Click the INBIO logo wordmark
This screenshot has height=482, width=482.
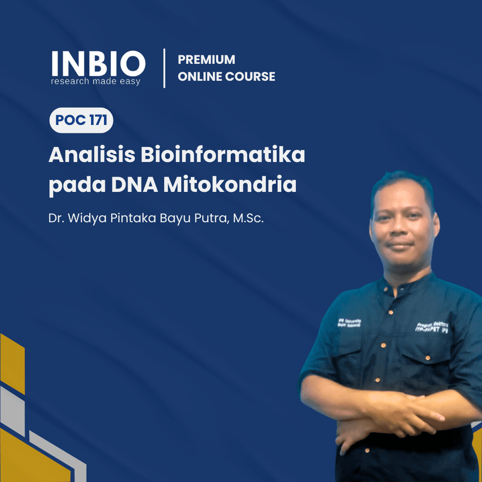98,63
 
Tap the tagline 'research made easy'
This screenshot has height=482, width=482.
96,81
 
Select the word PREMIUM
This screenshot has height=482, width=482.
206,60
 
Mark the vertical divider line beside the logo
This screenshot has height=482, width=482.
165,68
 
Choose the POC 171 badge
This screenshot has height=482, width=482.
81,120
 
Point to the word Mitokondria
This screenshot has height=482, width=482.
230,185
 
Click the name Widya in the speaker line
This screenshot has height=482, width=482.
84,219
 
